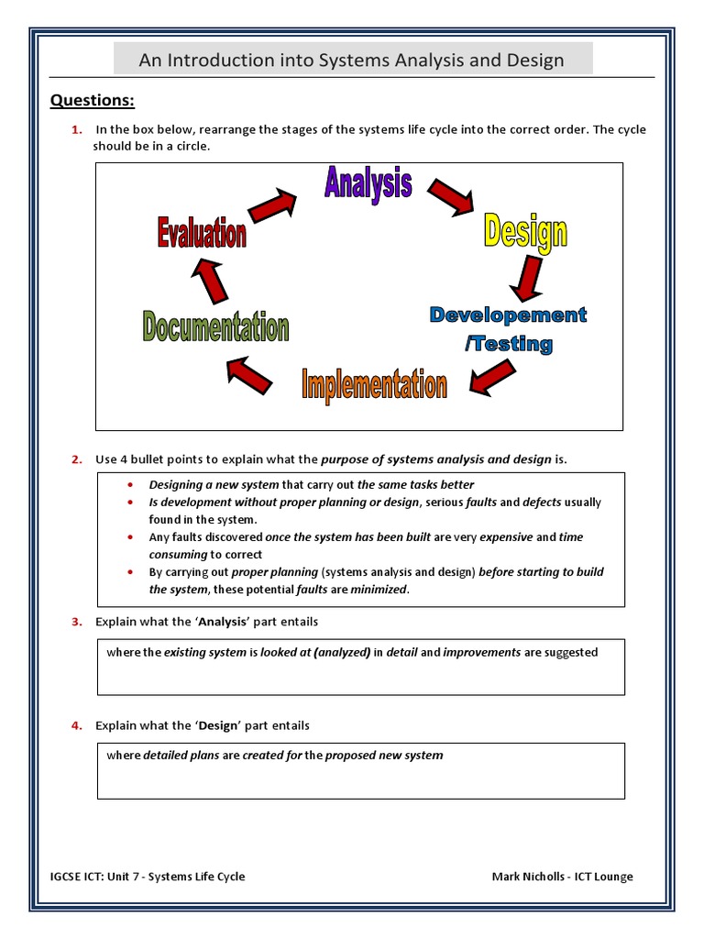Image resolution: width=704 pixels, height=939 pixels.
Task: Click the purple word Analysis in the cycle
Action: [368, 183]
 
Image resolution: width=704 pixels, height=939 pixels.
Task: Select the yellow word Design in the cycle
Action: [524, 230]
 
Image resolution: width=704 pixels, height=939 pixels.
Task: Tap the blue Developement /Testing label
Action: [509, 329]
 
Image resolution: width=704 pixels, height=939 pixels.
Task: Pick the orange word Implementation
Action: [374, 384]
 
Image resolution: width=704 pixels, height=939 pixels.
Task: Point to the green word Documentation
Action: [215, 326]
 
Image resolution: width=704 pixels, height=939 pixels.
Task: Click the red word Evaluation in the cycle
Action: [202, 233]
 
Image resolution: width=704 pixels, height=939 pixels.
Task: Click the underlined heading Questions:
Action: [92, 100]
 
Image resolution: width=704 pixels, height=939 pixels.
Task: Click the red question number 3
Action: [76, 622]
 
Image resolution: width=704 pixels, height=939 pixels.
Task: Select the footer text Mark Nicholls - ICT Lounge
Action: [562, 876]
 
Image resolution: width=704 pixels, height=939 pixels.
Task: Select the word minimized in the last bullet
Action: [378, 590]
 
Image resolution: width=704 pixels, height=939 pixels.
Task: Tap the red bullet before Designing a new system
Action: [129, 484]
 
